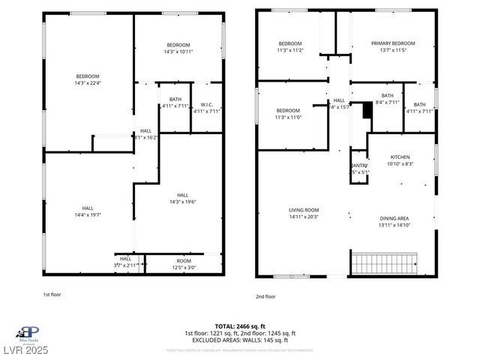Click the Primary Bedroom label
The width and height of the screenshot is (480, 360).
[392, 43]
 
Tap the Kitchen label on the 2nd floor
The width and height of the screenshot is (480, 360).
[400, 157]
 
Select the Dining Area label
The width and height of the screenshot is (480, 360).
[394, 218]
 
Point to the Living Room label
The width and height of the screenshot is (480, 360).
[304, 210]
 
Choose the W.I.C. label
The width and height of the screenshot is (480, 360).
[206, 104]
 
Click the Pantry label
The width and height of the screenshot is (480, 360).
[359, 166]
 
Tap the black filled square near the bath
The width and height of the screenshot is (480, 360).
[366, 110]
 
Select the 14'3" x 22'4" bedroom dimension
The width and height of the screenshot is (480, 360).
[88, 83]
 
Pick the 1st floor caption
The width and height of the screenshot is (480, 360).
[52, 295]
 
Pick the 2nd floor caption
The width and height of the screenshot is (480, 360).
[265, 296]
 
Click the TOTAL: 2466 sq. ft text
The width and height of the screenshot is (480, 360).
[240, 327]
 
